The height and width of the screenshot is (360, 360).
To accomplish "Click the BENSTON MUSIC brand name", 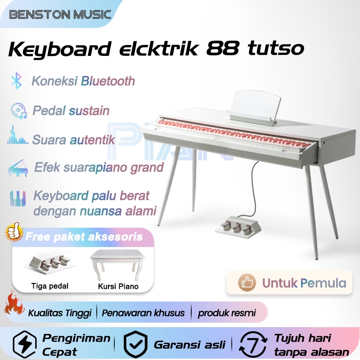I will (x=60, y=14).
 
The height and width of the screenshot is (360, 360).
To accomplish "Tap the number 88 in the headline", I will (x=222, y=49).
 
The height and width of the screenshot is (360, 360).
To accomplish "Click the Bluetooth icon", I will (x=17, y=81).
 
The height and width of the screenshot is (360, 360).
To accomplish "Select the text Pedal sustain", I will (x=71, y=110).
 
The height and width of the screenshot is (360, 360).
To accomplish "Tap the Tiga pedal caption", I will (x=50, y=286).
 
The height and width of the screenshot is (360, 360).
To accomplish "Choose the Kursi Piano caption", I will (x=118, y=286).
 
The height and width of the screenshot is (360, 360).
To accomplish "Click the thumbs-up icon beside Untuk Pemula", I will (x=247, y=283).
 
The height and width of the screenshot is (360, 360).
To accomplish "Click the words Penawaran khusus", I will (x=143, y=313).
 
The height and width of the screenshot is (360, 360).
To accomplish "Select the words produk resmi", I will (x=227, y=313).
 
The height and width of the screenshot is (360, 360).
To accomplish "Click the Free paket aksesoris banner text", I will (x=84, y=237).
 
